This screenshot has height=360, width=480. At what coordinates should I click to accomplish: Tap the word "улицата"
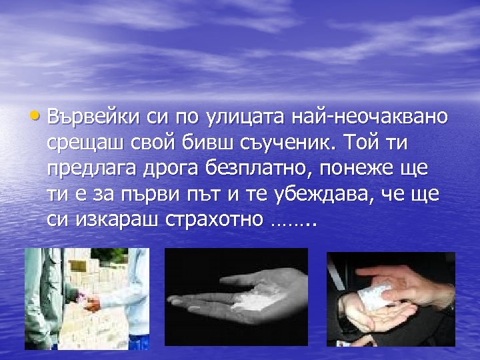242,117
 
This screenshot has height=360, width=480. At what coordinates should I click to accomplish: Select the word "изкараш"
113,220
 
